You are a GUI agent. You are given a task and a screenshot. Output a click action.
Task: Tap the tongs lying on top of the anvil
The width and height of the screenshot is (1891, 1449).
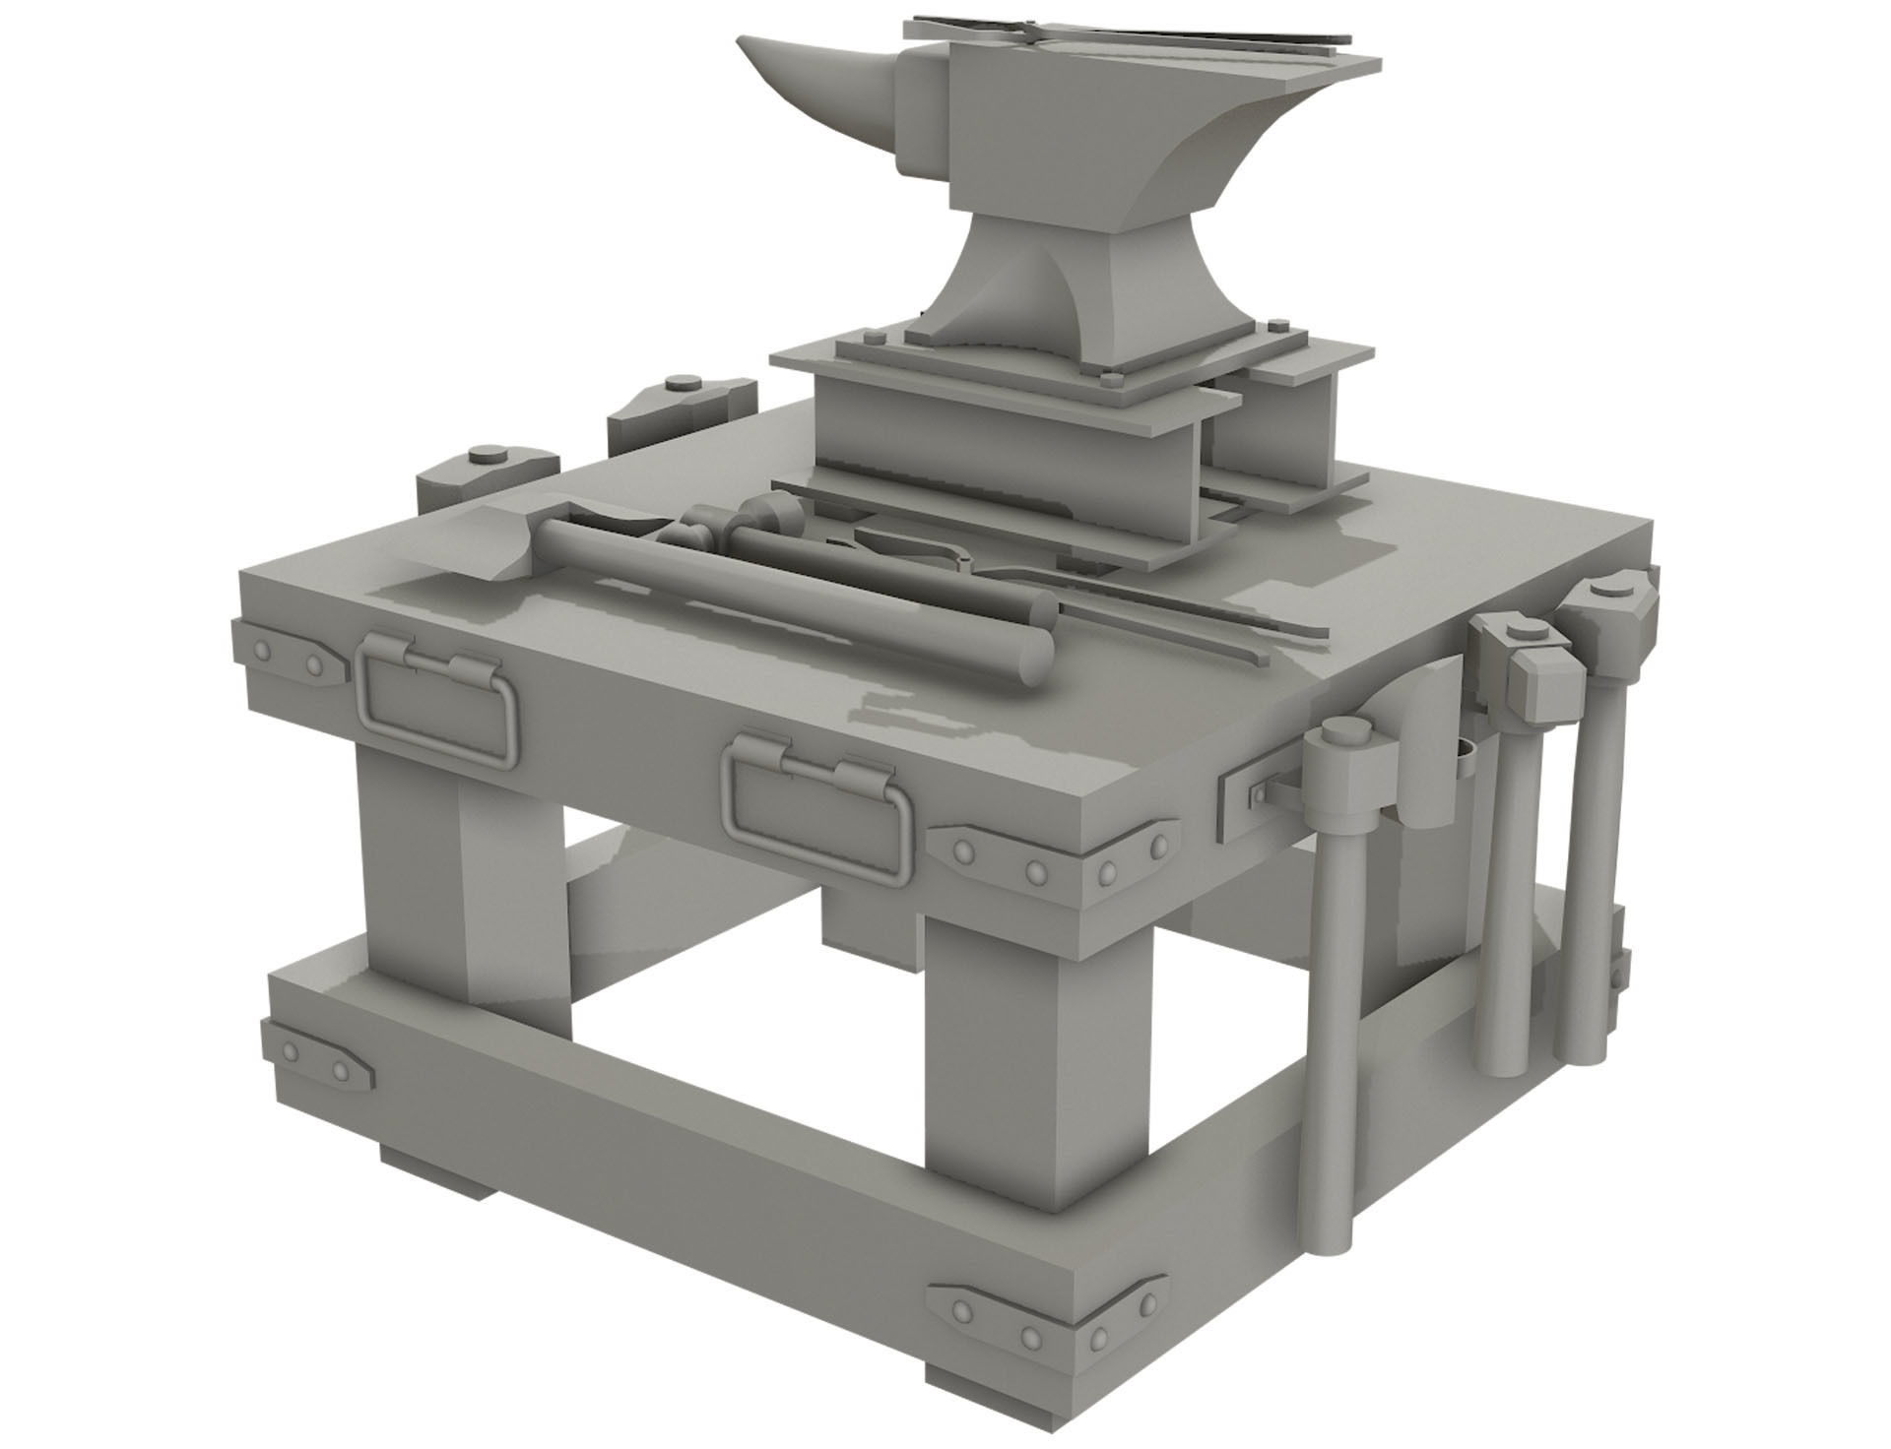click(x=1133, y=34)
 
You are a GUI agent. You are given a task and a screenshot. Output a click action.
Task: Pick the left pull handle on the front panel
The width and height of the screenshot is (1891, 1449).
click(x=438, y=699)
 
